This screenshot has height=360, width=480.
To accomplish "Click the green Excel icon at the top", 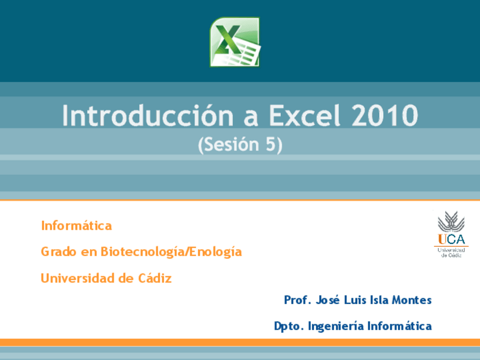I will [x=235, y=42].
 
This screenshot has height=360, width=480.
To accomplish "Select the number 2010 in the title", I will [x=385, y=115].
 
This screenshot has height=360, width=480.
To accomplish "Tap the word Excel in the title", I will [x=305, y=115].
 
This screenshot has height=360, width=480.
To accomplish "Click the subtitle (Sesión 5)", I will [x=240, y=145].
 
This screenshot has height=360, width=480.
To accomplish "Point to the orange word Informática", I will [x=76, y=226].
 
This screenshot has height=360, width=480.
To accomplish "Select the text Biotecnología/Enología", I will [x=171, y=252].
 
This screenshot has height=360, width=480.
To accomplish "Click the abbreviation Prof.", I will [x=297, y=300].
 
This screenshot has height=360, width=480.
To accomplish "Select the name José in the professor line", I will [x=328, y=300].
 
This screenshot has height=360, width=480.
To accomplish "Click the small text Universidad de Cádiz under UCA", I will [x=451, y=252].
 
